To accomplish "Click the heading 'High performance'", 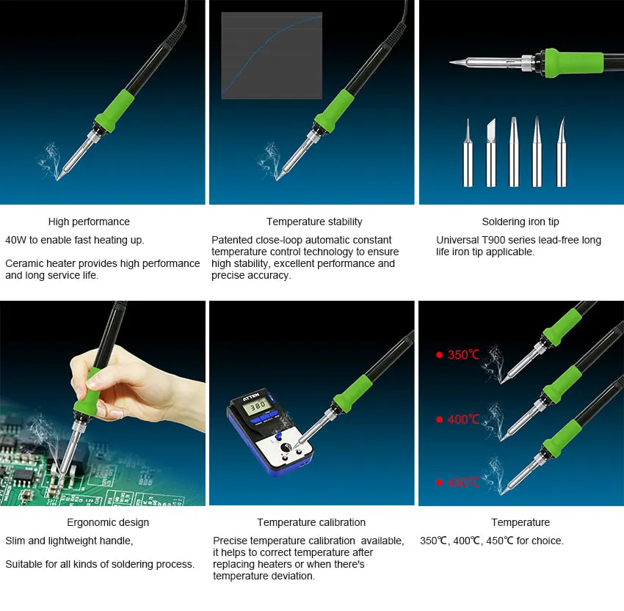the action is [89, 222].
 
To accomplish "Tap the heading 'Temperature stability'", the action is [314, 222].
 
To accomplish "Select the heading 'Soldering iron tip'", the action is [520, 222].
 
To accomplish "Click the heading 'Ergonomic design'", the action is [108, 522].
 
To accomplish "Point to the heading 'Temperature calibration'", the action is [311, 522].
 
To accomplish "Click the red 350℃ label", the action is [463, 354].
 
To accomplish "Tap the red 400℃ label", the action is [463, 420].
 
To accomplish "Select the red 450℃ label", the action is [463, 483].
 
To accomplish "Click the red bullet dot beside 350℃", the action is [439, 355].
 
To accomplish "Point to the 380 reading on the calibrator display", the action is [258, 406].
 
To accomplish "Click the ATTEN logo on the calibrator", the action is [252, 396].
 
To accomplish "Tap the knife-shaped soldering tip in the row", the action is [491, 153].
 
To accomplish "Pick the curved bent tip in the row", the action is [561, 153].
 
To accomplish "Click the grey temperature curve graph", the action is [272, 56].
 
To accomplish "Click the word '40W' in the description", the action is [16, 240].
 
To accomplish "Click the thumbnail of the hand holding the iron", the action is [103, 403].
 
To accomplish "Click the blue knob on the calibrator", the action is [279, 436].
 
